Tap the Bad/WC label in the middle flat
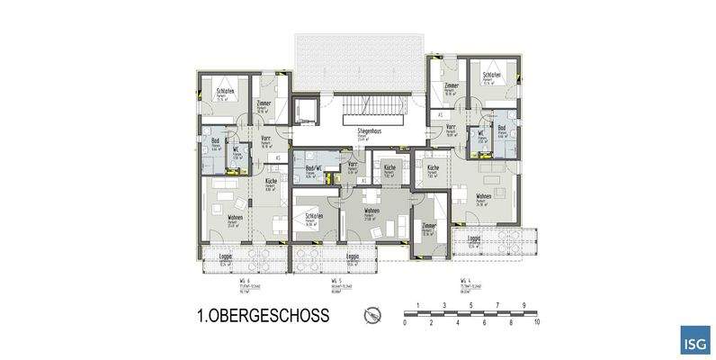pos(314,169)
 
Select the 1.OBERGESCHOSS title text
pos(262,316)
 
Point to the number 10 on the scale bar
pos(536,320)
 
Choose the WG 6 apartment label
pos(244,281)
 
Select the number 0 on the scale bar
pos(406,320)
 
